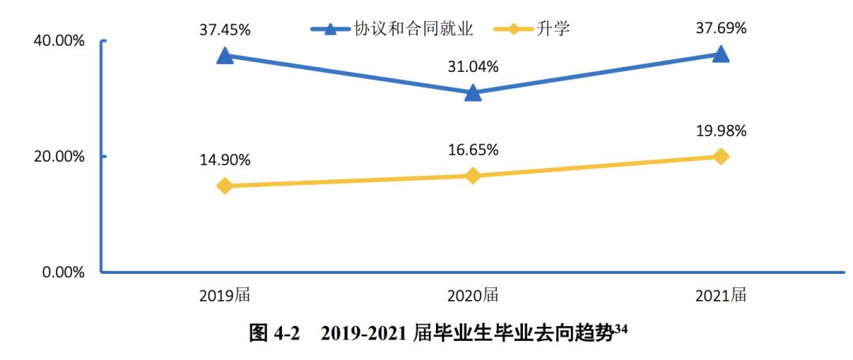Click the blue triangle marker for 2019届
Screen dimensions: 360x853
pyautogui.click(x=225, y=55)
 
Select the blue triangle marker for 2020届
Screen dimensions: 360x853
pyautogui.click(x=473, y=93)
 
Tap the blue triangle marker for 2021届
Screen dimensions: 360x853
pyautogui.click(x=720, y=54)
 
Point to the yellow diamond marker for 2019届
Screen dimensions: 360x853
pyautogui.click(x=225, y=186)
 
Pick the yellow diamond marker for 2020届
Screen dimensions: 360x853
pyautogui.click(x=473, y=176)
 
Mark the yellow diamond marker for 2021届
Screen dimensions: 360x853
pyautogui.click(x=720, y=156)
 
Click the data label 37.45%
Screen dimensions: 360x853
pyautogui.click(x=225, y=30)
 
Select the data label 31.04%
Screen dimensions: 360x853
pyautogui.click(x=473, y=67)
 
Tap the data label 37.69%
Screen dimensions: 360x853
pyautogui.click(x=720, y=28)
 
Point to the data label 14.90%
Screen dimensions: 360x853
pyautogui.click(x=225, y=160)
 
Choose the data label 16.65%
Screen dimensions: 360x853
pyautogui.click(x=473, y=150)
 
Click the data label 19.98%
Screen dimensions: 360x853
pyautogui.click(x=720, y=130)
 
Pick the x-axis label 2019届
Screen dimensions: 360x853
pyautogui.click(x=225, y=296)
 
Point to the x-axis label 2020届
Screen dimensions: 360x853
pyautogui.click(x=473, y=296)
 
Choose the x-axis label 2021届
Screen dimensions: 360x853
pyautogui.click(x=720, y=296)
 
